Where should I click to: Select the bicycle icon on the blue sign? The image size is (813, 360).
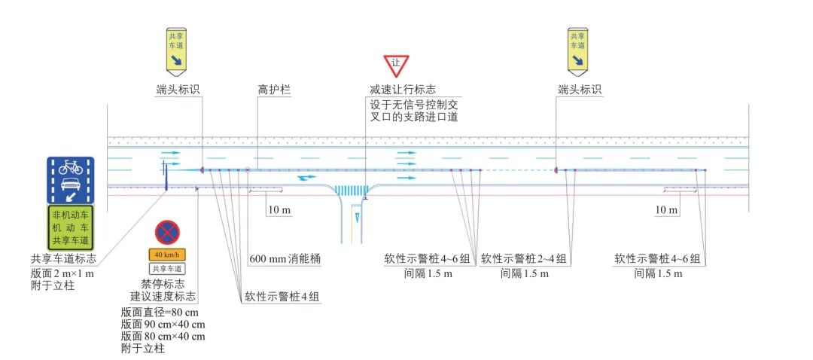70,167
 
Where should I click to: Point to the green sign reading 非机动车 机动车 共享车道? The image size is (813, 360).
71,227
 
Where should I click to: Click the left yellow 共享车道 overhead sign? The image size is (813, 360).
176,50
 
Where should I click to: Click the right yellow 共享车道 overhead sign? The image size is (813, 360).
578,50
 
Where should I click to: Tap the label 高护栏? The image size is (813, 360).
274,90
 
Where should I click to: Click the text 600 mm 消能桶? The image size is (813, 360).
285,258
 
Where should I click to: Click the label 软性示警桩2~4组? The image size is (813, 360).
524,258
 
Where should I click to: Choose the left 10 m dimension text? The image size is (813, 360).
279,210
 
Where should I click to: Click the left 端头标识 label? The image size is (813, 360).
178,90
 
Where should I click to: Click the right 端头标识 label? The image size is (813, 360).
580,90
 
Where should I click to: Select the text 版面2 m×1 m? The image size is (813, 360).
63,273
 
